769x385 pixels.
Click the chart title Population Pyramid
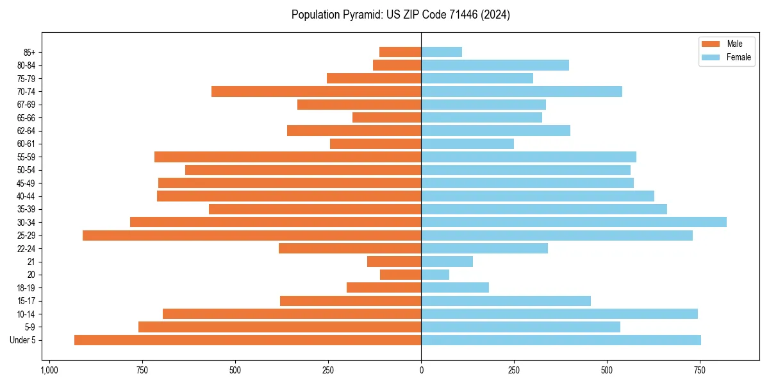point(401,15)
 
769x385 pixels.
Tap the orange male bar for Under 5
point(247,340)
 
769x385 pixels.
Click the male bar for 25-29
point(252,235)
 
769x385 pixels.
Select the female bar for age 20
point(435,275)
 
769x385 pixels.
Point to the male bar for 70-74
point(316,92)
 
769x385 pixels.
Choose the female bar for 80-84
point(495,65)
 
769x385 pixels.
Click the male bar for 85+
point(400,52)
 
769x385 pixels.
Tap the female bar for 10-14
point(559,314)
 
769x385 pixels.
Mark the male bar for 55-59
point(288,157)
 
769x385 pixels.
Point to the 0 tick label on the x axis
point(421,370)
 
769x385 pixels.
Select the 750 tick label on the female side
point(700,370)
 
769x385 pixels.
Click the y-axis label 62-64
point(26,131)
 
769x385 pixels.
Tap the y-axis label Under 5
point(22,340)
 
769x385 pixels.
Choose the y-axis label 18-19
point(26,288)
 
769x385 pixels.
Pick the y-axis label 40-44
point(26,196)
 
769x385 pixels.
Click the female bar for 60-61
point(467,144)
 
